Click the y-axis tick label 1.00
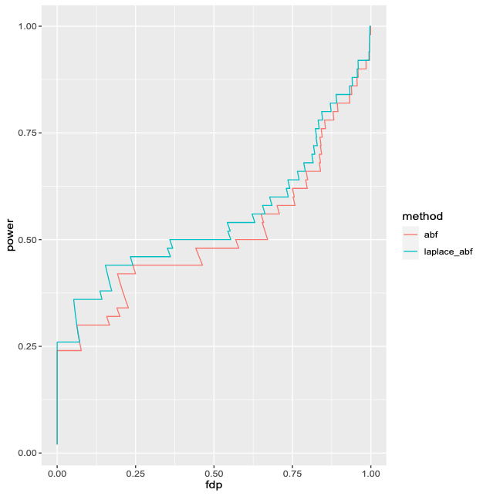point(29,26)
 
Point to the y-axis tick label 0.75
point(29,133)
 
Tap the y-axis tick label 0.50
point(29,239)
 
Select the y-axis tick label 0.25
point(29,346)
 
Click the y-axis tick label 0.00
point(29,453)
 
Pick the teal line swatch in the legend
point(410,251)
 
